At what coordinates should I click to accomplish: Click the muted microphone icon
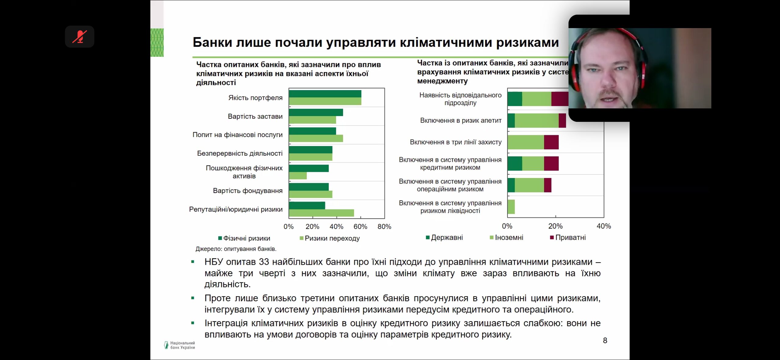(x=79, y=37)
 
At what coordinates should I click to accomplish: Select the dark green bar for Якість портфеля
(x=325, y=94)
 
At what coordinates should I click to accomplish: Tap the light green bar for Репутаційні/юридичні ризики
(x=321, y=213)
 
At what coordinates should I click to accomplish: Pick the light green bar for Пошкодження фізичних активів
(x=298, y=176)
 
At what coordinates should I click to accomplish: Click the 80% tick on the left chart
(x=384, y=227)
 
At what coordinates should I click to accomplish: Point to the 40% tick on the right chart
(x=604, y=226)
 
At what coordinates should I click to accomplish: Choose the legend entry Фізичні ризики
(x=244, y=238)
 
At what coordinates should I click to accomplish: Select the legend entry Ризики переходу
(x=330, y=238)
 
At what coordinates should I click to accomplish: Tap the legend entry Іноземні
(x=507, y=238)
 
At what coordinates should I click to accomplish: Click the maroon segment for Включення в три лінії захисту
(x=551, y=142)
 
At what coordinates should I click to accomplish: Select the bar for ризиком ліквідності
(x=511, y=207)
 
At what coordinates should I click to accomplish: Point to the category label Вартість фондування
(x=247, y=191)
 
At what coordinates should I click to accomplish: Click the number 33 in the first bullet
(x=264, y=262)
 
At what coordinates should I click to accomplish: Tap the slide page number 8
(x=605, y=340)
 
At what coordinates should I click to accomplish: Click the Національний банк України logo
(x=179, y=345)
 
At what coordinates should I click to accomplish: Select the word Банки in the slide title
(x=212, y=42)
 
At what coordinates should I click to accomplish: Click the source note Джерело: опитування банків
(x=236, y=249)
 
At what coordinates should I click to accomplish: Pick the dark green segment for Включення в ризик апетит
(x=511, y=121)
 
